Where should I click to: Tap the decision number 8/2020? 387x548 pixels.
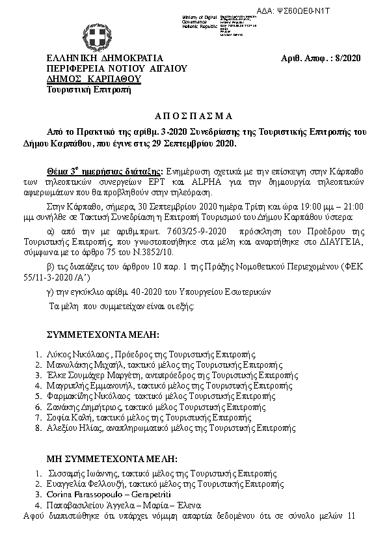tap(347, 58)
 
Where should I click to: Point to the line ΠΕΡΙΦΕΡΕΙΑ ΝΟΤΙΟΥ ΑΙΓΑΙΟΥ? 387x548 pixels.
tap(116, 68)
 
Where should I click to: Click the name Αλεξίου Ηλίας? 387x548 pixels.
tap(71, 428)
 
